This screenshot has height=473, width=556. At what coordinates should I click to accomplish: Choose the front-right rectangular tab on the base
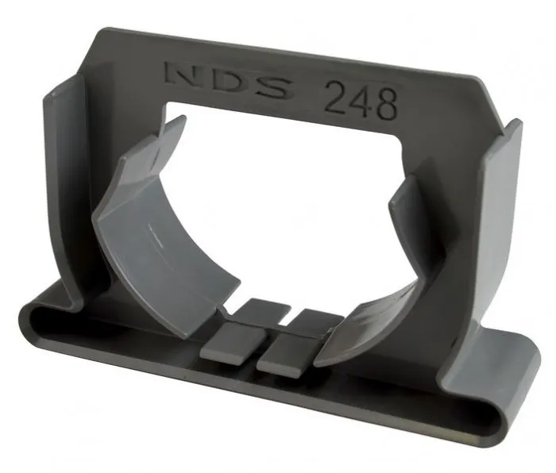coord(288,355)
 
